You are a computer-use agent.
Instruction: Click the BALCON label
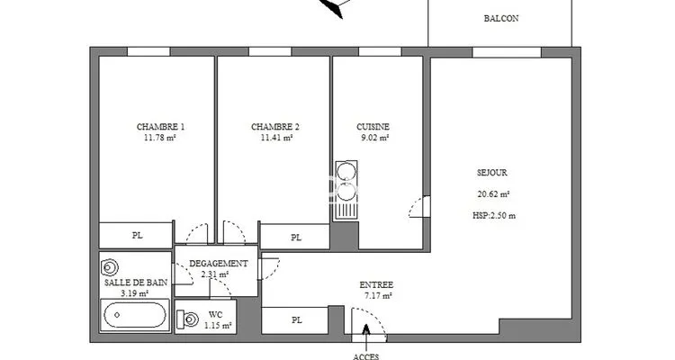coord(501,19)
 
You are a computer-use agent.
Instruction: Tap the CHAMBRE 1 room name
coord(160,127)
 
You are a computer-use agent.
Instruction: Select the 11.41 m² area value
coord(277,138)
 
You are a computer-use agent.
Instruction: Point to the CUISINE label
coord(373,127)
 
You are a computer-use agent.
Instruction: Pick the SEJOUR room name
coord(492,173)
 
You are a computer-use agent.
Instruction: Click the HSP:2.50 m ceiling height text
coord(494,216)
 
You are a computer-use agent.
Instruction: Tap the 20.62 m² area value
coord(493,194)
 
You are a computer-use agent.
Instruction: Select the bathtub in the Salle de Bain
coord(135,315)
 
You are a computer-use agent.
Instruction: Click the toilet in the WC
coord(187,319)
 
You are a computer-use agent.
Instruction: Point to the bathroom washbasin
coord(109,267)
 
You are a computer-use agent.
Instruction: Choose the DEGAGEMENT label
coord(219,264)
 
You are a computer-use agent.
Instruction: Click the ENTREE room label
coord(376,285)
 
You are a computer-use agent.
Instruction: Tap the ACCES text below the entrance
coord(366,356)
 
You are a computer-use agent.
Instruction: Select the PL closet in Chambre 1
coord(136,235)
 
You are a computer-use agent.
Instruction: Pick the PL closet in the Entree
coord(295,320)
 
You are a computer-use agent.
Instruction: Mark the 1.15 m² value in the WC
coord(218,326)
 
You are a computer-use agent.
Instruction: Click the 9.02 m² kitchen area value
coord(375,138)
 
